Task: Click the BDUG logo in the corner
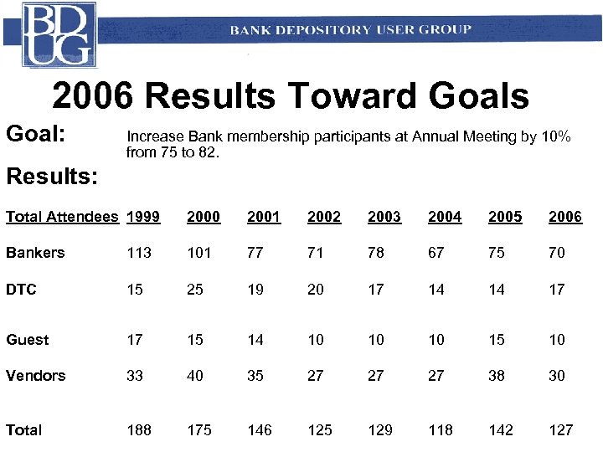(x=59, y=34)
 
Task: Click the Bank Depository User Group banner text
(x=350, y=30)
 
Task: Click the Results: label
(x=51, y=177)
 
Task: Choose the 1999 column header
(x=142, y=217)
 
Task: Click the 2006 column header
(x=564, y=217)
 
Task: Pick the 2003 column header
(x=384, y=217)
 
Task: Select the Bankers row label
(x=34, y=253)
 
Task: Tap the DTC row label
(x=21, y=290)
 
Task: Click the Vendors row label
(x=35, y=376)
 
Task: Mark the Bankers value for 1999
(x=138, y=253)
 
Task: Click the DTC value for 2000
(x=194, y=290)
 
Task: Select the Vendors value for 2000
(x=194, y=376)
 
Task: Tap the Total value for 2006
(x=560, y=430)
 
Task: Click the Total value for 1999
(x=138, y=430)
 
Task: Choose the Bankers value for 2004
(x=435, y=253)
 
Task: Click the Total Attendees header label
(x=61, y=217)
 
